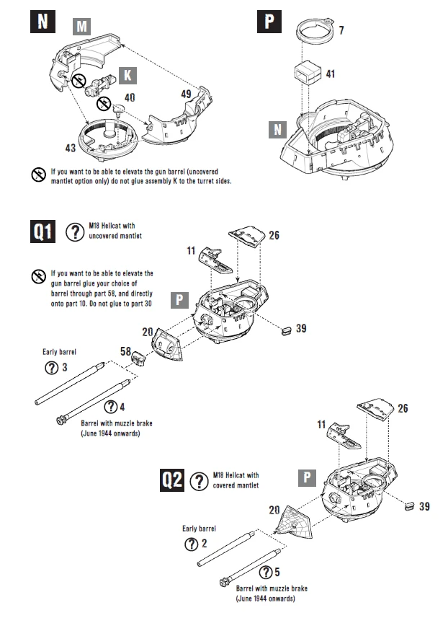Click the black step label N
click(42, 20)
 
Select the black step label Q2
click(173, 480)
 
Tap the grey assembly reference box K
click(127, 75)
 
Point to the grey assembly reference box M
click(83, 27)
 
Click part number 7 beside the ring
click(341, 31)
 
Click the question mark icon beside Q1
click(74, 232)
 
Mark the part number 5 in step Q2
click(277, 573)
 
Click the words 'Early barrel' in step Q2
click(199, 527)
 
